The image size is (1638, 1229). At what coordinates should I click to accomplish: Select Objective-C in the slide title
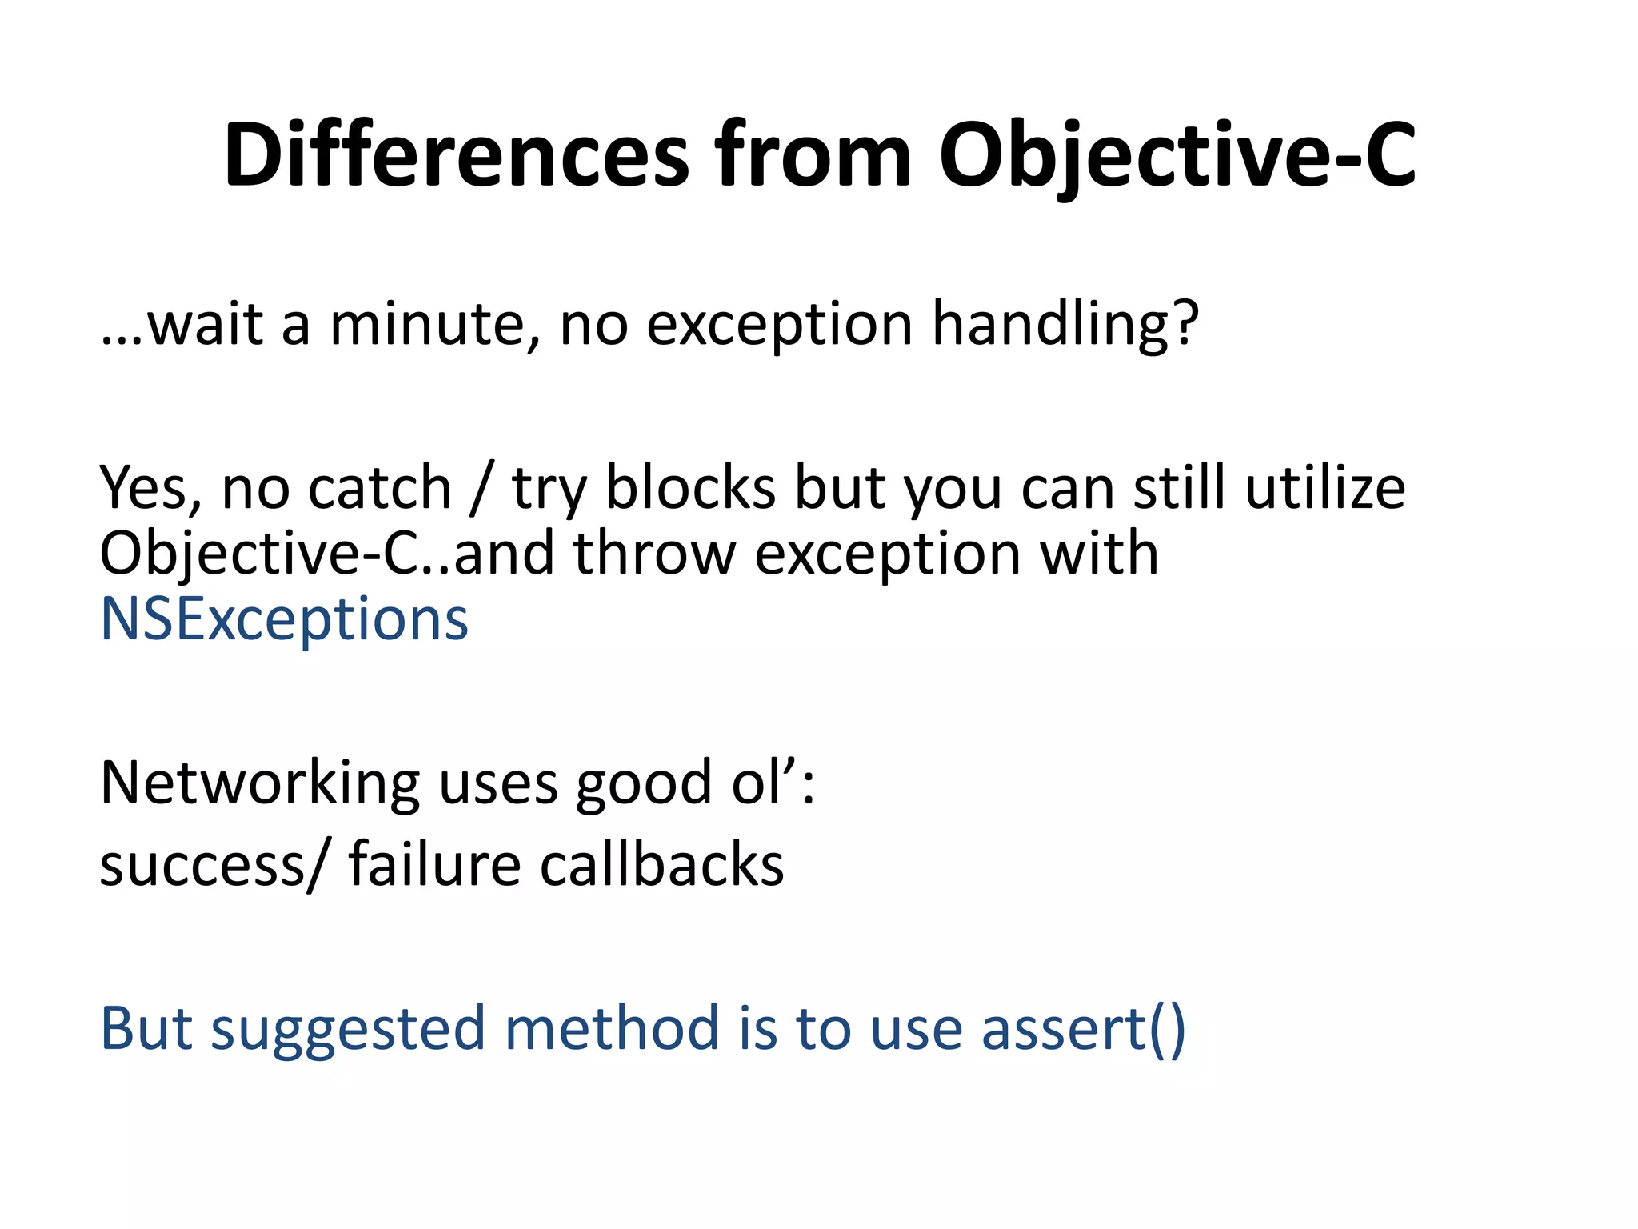pos(1177,156)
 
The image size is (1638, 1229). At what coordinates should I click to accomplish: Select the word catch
pos(380,487)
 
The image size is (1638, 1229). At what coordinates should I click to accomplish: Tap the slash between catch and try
pos(482,487)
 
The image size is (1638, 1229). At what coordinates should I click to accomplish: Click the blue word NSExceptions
pos(284,619)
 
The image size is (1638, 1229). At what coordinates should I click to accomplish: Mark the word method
pos(613,1027)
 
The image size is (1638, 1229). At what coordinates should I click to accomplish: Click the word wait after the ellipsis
pos(205,324)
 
